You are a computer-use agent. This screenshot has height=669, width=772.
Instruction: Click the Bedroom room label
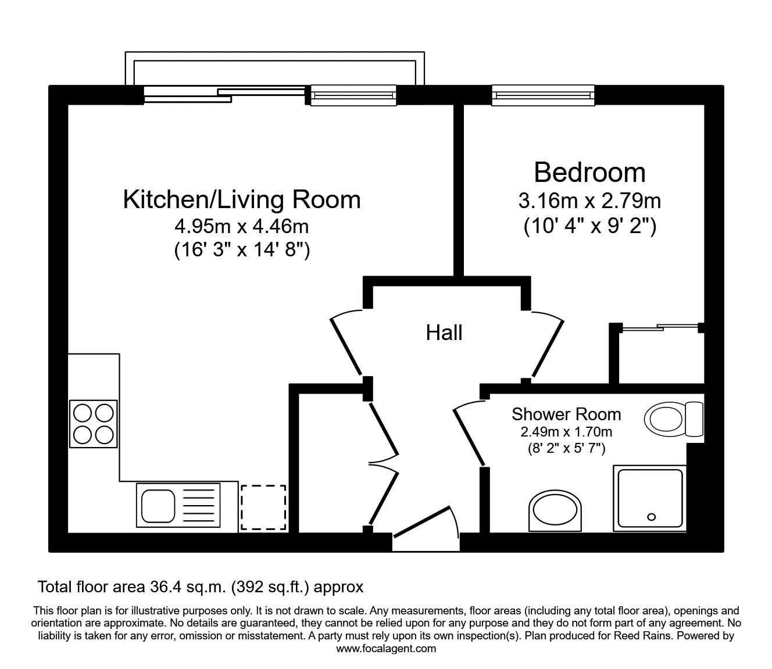589,173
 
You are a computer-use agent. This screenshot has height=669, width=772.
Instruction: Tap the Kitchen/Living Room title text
242,200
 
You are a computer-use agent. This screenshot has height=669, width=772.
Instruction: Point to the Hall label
444,332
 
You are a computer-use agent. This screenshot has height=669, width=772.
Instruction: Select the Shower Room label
566,414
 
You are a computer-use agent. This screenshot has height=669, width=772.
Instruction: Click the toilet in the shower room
673,418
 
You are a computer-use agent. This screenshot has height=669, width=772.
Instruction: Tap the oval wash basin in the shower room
555,511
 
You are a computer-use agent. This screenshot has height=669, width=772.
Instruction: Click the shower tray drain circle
651,517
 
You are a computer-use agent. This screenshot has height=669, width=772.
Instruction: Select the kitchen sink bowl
158,505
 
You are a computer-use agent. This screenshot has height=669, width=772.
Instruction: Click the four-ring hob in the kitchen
94,424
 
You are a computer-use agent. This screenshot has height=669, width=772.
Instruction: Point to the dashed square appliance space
263,507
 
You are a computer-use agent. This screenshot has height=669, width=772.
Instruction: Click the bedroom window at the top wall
543,96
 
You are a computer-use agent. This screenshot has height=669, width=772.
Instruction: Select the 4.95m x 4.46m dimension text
242,226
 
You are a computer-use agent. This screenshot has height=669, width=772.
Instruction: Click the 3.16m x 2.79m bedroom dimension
589,201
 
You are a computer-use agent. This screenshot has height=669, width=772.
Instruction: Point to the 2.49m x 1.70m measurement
566,432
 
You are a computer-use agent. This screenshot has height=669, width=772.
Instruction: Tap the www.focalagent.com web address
386,649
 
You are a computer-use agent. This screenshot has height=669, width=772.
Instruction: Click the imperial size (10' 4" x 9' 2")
589,226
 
